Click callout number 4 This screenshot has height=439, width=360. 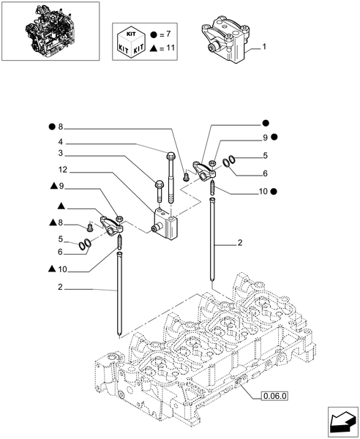tap(81, 142)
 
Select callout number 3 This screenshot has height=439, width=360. tap(81, 154)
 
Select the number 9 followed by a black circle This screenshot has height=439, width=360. tap(266, 137)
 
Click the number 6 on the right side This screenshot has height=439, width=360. tap(266, 173)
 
